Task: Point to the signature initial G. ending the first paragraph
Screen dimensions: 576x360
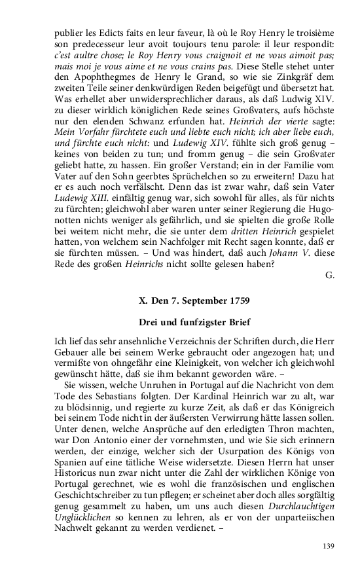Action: click(330, 275)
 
